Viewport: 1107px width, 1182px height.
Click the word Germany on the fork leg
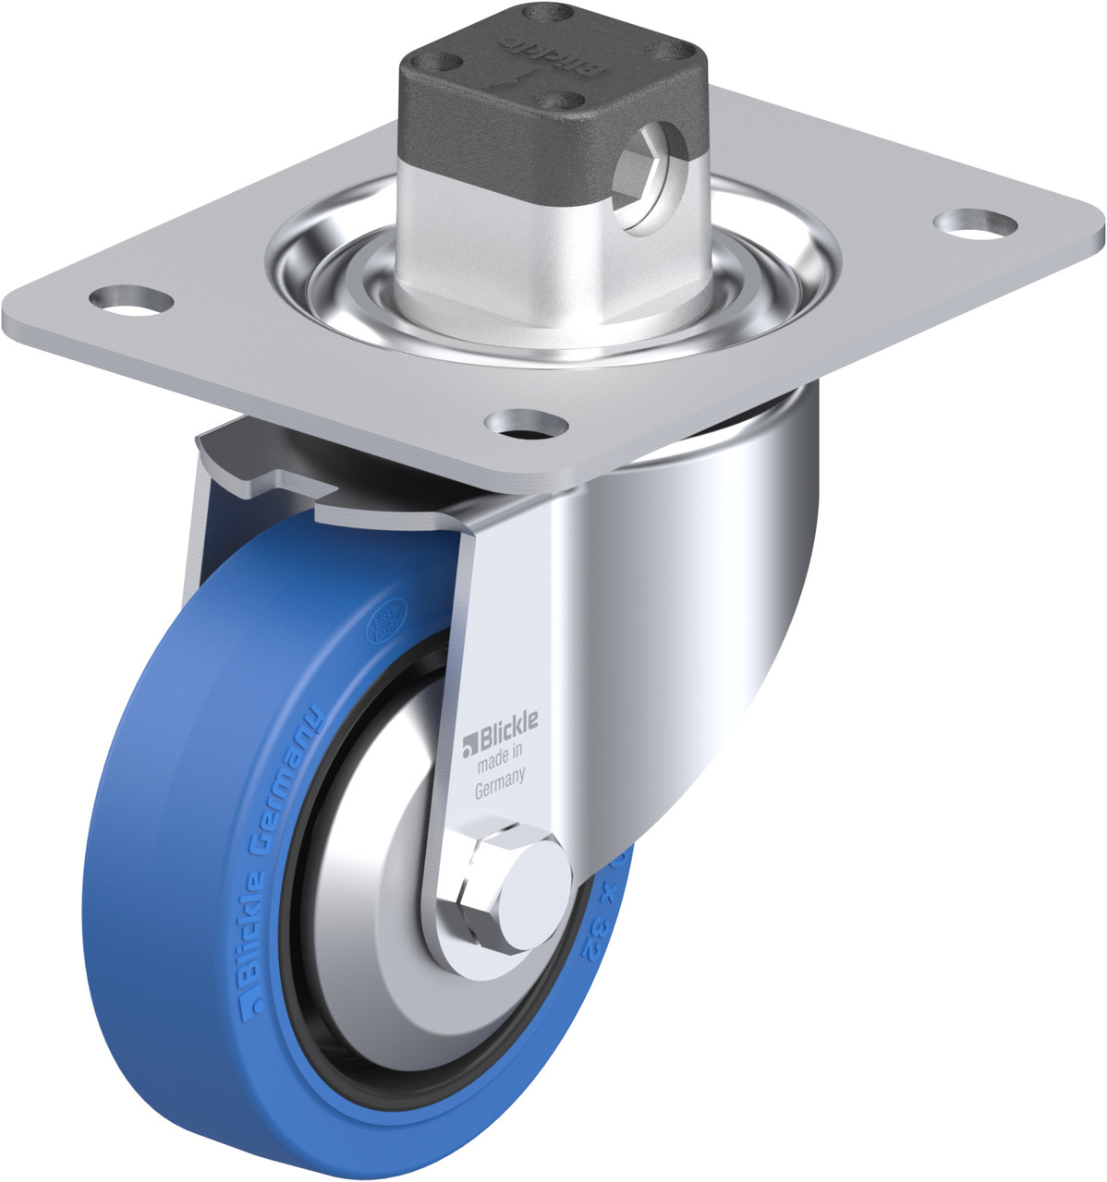pos(500,790)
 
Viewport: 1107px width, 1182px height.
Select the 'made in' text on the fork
pos(500,766)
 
